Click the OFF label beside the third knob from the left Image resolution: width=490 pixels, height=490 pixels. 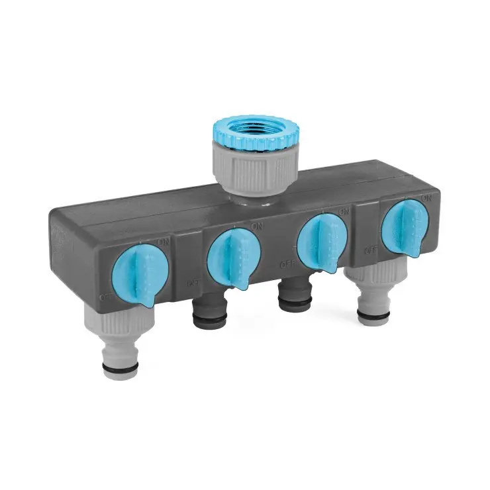coord(287,264)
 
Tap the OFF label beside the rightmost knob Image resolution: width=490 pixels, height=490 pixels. coord(372,250)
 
